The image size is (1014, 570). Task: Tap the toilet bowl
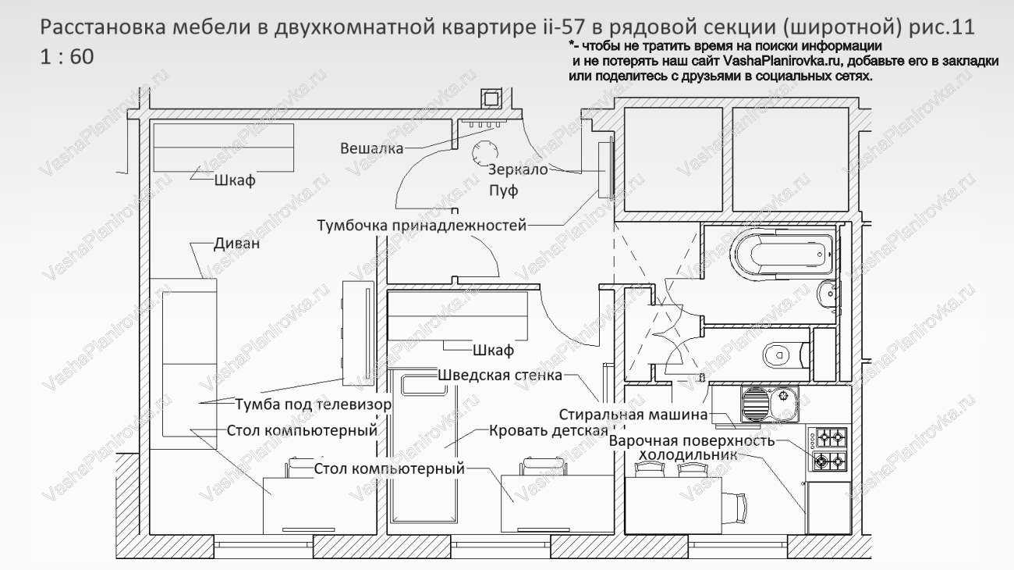777,356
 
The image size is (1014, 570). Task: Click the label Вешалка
371,148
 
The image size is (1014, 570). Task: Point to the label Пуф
503,190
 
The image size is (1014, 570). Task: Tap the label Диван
237,244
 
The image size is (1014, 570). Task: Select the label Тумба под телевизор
313,404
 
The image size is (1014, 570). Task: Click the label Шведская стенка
500,375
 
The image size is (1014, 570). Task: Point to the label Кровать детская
548,430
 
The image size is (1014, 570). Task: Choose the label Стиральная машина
633,415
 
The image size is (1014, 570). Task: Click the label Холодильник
687,454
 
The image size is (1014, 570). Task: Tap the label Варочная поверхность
692,440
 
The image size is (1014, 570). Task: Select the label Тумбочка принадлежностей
421,226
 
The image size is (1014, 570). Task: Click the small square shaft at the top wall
491,98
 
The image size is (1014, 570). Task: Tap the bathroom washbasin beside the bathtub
826,294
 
